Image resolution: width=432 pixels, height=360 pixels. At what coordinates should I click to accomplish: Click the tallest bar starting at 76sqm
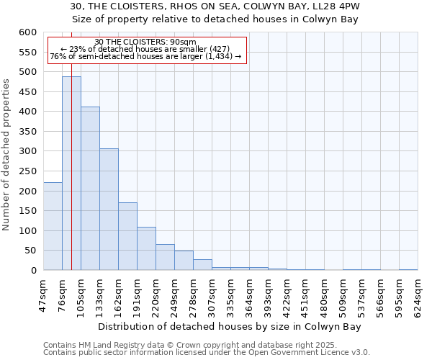pyautogui.click(x=71, y=173)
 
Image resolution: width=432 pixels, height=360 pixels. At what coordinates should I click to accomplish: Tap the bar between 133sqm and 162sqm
pyautogui.click(x=109, y=210)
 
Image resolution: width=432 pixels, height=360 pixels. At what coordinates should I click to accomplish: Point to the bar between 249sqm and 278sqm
pyautogui.click(x=184, y=261)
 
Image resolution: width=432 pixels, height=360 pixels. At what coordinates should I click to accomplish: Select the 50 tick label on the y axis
pyautogui.click(x=30, y=251)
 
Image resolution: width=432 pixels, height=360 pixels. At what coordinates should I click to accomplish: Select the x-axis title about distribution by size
pyautogui.click(x=229, y=326)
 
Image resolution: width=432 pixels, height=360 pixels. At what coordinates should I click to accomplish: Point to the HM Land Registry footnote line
pyautogui.click(x=206, y=345)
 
